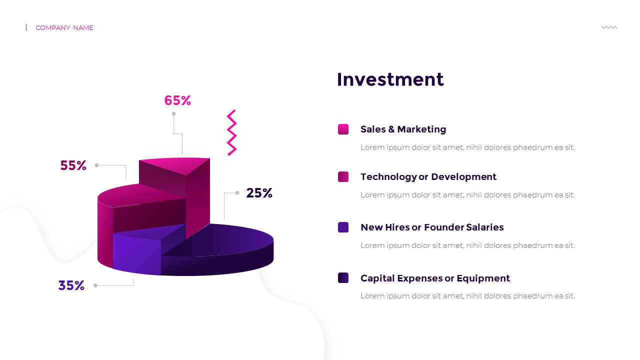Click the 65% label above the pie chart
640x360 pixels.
click(x=177, y=100)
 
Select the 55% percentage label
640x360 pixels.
click(x=73, y=165)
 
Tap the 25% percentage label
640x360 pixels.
click(x=259, y=193)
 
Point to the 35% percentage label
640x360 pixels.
click(x=71, y=285)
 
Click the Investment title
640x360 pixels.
click(x=390, y=79)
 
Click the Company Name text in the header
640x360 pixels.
click(x=64, y=27)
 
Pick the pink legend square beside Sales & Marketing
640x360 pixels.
click(x=343, y=129)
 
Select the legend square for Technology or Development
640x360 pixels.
click(x=343, y=176)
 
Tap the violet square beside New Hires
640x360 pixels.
click(x=343, y=227)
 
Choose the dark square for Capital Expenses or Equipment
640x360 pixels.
click(x=343, y=277)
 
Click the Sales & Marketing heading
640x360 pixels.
click(x=403, y=129)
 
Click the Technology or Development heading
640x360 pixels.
click(x=428, y=177)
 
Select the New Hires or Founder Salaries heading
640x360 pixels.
click(x=432, y=227)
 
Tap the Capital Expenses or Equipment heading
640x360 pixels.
click(x=435, y=278)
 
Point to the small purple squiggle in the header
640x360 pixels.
click(x=609, y=27)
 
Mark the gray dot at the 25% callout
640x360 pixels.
click(x=237, y=193)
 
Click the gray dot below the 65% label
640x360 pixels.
click(x=173, y=113)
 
